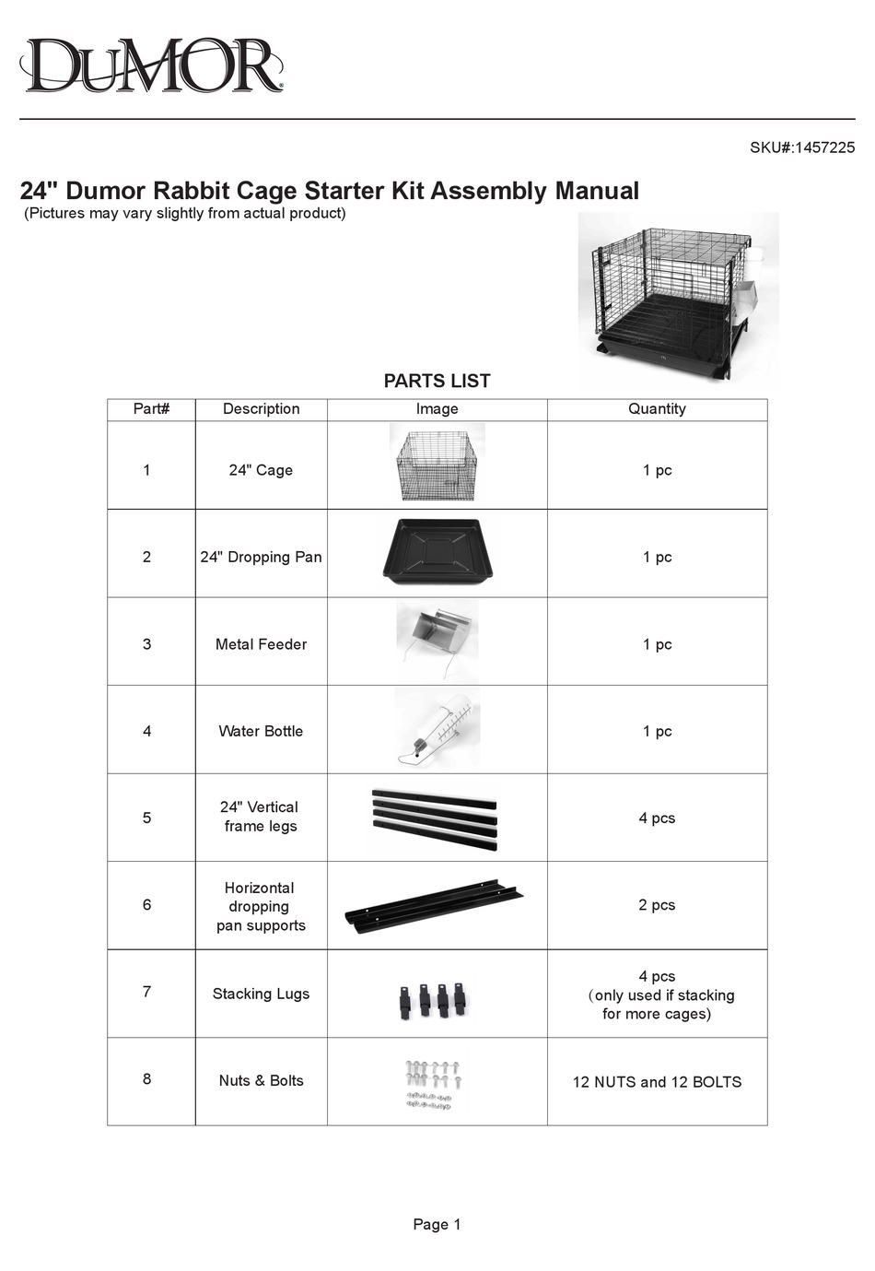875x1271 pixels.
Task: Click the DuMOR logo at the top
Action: click(x=151, y=65)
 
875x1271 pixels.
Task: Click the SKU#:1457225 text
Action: click(x=801, y=147)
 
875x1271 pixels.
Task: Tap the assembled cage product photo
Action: click(x=677, y=297)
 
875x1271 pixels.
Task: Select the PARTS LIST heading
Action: click(x=437, y=381)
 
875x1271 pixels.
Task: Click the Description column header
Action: click(x=261, y=409)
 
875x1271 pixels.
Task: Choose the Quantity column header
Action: click(x=657, y=409)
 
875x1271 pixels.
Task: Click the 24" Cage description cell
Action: click(x=261, y=470)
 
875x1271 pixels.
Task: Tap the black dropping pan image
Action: click(x=437, y=552)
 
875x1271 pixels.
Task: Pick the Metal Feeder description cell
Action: click(x=261, y=644)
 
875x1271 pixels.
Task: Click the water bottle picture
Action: click(x=437, y=729)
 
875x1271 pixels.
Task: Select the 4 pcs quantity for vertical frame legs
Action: click(x=657, y=818)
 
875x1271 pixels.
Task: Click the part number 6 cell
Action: click(x=146, y=905)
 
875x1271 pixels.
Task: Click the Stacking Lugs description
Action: click(x=261, y=994)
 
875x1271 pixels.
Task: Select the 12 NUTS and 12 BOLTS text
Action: click(x=657, y=1082)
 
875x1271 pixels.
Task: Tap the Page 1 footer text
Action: click(x=437, y=1224)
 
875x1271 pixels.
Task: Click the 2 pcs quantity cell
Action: click(x=657, y=905)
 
